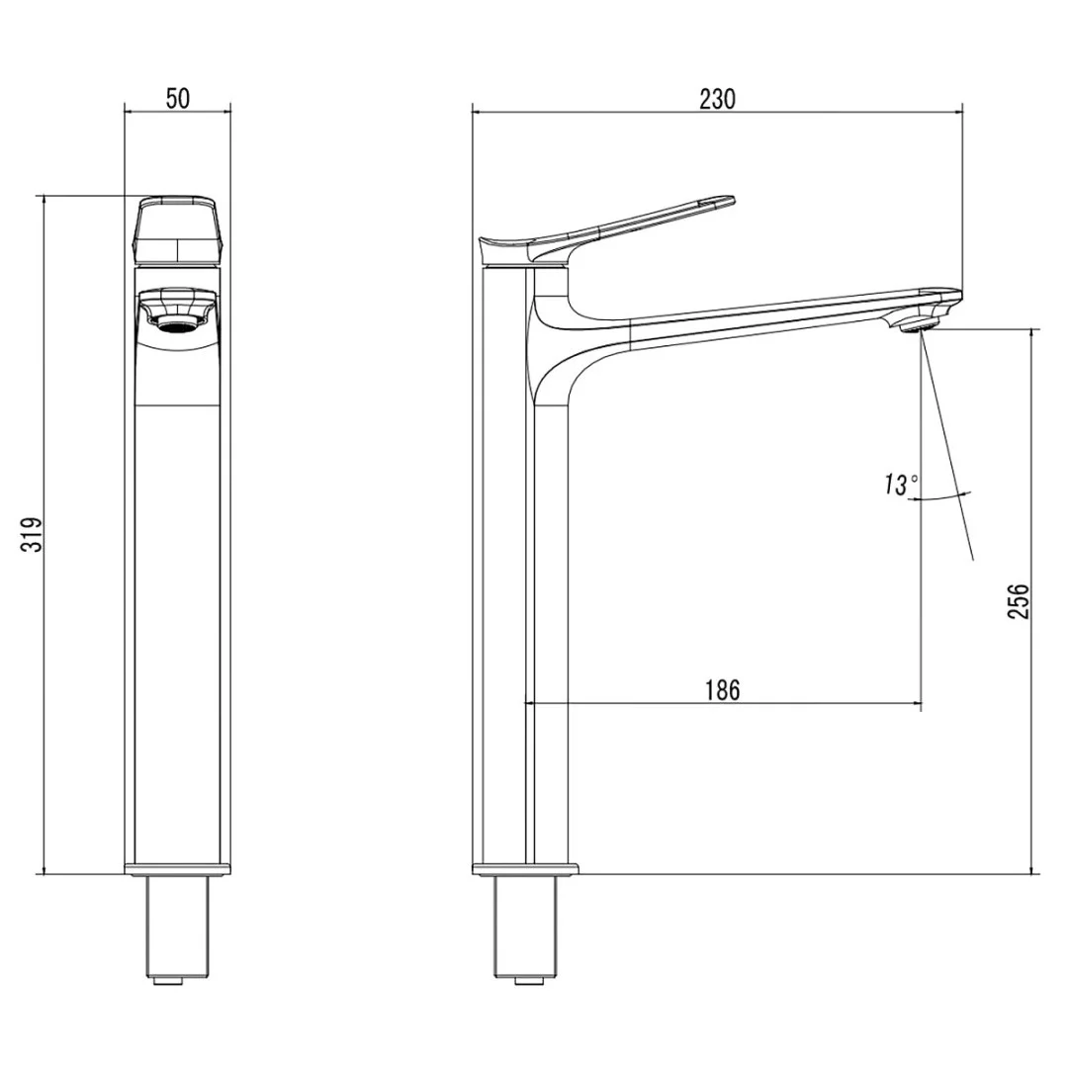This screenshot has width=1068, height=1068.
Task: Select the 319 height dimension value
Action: (34, 535)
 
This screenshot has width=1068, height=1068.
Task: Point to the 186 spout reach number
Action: (723, 689)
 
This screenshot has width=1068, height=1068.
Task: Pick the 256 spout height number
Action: (1020, 601)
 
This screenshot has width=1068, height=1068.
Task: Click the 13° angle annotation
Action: (901, 485)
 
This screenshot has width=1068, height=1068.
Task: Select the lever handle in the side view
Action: (633, 222)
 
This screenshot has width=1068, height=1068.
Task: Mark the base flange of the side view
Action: (524, 869)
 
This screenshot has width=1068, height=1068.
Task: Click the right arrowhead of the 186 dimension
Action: (916, 704)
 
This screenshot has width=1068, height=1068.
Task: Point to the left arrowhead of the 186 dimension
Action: (530, 704)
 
